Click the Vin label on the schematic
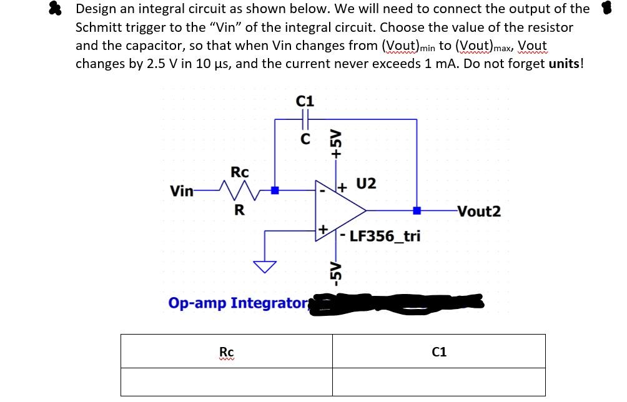(182, 191)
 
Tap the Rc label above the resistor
(240, 172)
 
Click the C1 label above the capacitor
(305, 100)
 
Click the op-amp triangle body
(340, 210)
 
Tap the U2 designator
(367, 184)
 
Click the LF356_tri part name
(385, 236)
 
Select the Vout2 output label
(479, 211)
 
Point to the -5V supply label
(337, 269)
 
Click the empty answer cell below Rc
(227, 382)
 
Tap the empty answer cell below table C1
(439, 382)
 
